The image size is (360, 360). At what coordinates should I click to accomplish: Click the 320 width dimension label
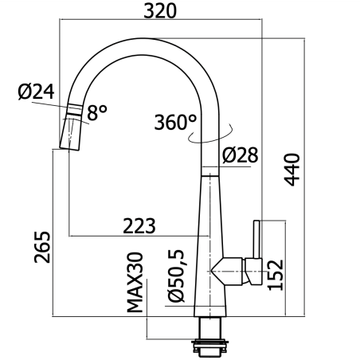tap(160, 11)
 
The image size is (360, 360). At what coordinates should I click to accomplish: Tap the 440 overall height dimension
tap(292, 170)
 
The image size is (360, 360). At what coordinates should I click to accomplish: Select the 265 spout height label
tap(42, 247)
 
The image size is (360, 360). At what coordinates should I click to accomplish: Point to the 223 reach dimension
tap(139, 226)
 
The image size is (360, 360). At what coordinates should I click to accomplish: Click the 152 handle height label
tap(276, 275)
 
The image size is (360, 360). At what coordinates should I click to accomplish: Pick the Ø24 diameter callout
tap(37, 92)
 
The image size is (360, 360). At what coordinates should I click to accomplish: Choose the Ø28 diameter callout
tap(241, 155)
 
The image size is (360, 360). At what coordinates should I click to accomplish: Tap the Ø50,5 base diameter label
tap(176, 276)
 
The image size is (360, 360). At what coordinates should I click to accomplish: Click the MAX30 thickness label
tap(135, 282)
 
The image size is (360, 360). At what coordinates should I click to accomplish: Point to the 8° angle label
tap(97, 112)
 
